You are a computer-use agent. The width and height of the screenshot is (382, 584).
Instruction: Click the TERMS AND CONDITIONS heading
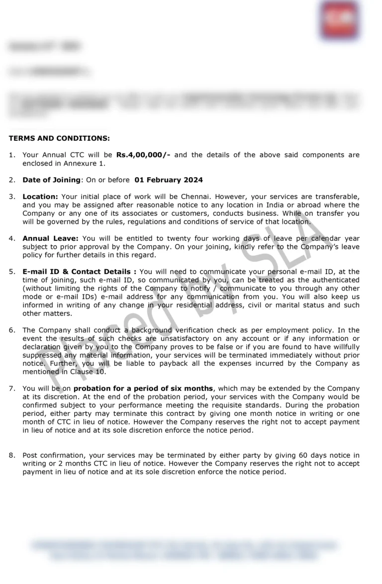tap(59, 138)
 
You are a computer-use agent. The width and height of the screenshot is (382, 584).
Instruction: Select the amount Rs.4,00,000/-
tap(143, 155)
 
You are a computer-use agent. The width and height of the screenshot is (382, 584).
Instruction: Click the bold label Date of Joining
tap(51, 180)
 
